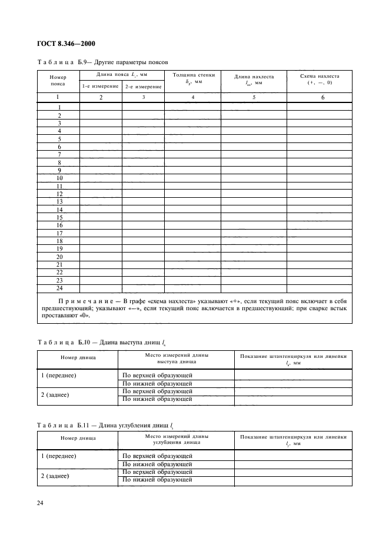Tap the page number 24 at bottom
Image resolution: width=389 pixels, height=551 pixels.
click(40, 503)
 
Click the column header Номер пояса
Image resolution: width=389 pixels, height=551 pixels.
click(58, 80)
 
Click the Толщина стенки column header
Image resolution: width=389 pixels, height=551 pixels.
click(193, 78)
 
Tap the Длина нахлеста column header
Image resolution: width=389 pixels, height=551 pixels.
click(254, 80)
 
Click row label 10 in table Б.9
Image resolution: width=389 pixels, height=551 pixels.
click(59, 178)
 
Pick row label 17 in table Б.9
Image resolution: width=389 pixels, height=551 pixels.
click(59, 233)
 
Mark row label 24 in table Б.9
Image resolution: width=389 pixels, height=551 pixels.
click(59, 288)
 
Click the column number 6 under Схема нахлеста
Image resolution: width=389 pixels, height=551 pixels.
click(322, 98)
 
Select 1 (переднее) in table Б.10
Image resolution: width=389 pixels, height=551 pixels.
click(61, 375)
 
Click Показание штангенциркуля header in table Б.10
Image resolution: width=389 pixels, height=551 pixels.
click(293, 359)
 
